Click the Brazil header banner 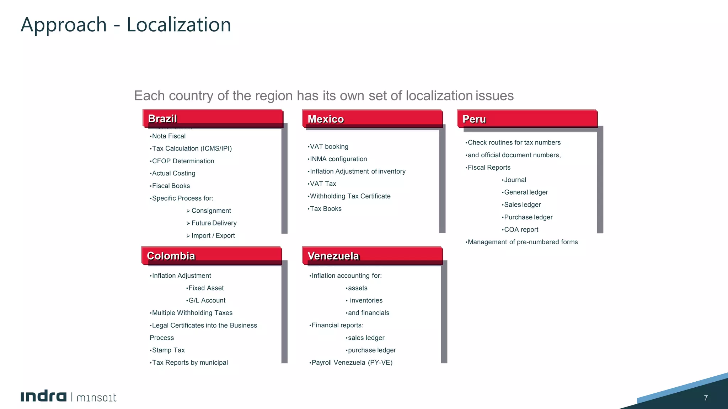[213, 119]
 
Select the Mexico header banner [372, 119]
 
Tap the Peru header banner [527, 119]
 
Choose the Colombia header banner [212, 256]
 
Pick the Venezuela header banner [372, 256]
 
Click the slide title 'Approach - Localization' [126, 25]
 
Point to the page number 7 [706, 398]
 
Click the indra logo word [43, 397]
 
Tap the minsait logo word [96, 398]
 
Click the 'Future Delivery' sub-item [214, 223]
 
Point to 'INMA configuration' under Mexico [338, 159]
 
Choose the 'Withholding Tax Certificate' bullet [350, 196]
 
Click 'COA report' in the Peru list [521, 230]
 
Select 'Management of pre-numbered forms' [523, 242]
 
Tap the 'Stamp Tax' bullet [168, 350]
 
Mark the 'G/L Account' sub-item [207, 301]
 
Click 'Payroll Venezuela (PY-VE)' [352, 363]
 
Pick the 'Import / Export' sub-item [213, 236]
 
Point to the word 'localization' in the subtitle [439, 96]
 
